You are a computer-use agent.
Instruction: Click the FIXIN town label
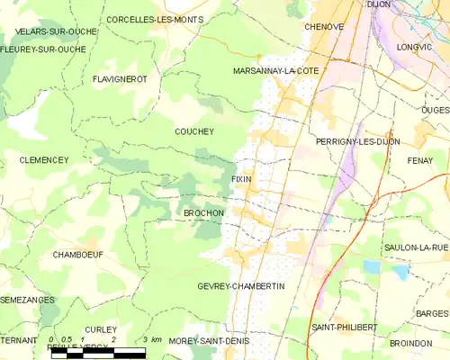[x=241, y=179]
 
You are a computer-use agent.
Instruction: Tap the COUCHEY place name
[x=193, y=130]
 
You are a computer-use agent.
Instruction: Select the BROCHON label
[x=203, y=213]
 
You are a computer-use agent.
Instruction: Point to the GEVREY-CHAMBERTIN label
[x=240, y=285]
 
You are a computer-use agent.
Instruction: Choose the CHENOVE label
[x=324, y=27]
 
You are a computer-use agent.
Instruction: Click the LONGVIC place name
[x=415, y=45]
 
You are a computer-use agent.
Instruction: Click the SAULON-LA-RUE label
[x=415, y=247]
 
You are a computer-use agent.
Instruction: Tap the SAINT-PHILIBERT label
[x=344, y=326]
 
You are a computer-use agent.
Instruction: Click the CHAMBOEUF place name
[x=77, y=255]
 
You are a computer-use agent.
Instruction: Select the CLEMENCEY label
[x=43, y=159]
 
